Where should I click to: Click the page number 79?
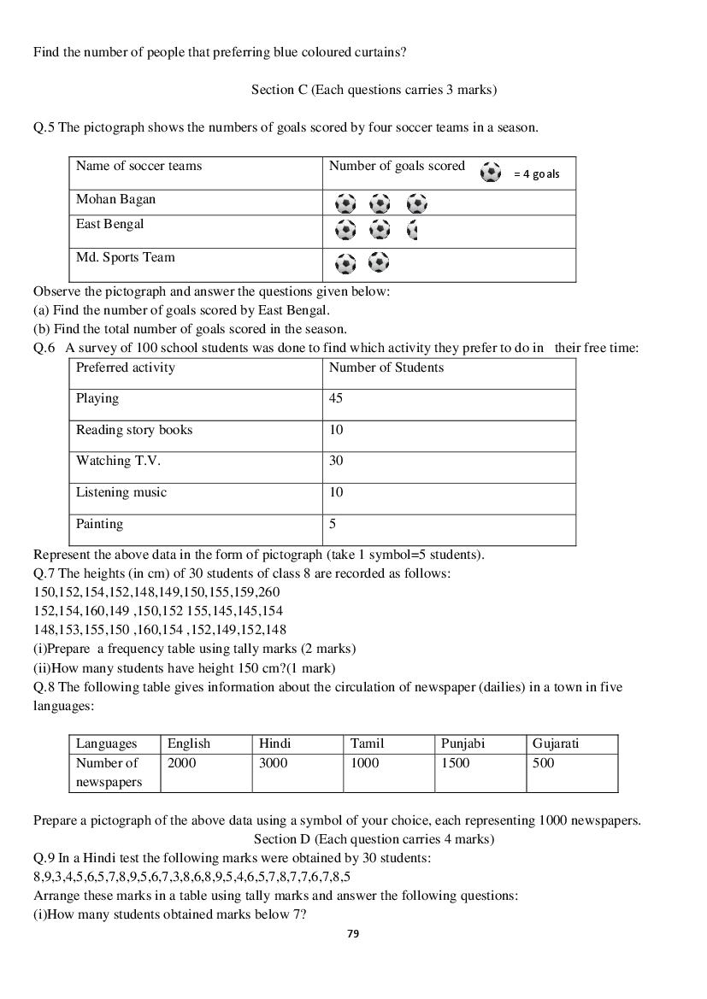[353, 933]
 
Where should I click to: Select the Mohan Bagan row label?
[115, 199]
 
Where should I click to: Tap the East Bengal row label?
[109, 224]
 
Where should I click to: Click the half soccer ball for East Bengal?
[413, 229]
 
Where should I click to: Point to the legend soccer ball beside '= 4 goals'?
[491, 172]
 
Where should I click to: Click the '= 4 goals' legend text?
[537, 173]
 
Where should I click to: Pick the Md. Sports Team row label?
[125, 257]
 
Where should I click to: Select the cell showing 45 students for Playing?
[337, 398]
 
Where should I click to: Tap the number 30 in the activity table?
[336, 461]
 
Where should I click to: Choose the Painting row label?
[99, 524]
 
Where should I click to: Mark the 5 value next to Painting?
[333, 524]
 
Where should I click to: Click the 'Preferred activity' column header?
[125, 367]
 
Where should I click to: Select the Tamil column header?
[367, 743]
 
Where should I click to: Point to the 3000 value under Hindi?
[273, 763]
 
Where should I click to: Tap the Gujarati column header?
[555, 743]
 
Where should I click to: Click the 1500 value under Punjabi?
[455, 763]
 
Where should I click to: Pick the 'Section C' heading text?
[374, 89]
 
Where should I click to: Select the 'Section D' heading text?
[374, 839]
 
